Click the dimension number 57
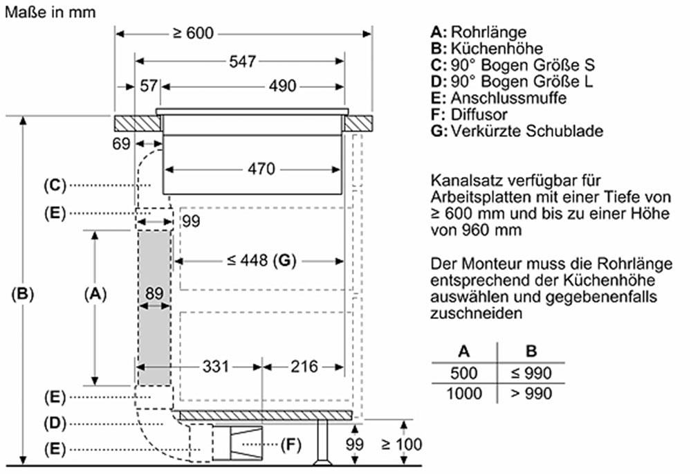[x=149, y=86]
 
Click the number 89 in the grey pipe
[x=154, y=293]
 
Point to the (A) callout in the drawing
[x=95, y=294]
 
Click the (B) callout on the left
[x=23, y=294]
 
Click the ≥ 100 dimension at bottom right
[x=401, y=444]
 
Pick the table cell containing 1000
[x=463, y=393]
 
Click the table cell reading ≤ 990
[x=531, y=374]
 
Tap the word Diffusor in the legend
[x=479, y=114]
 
